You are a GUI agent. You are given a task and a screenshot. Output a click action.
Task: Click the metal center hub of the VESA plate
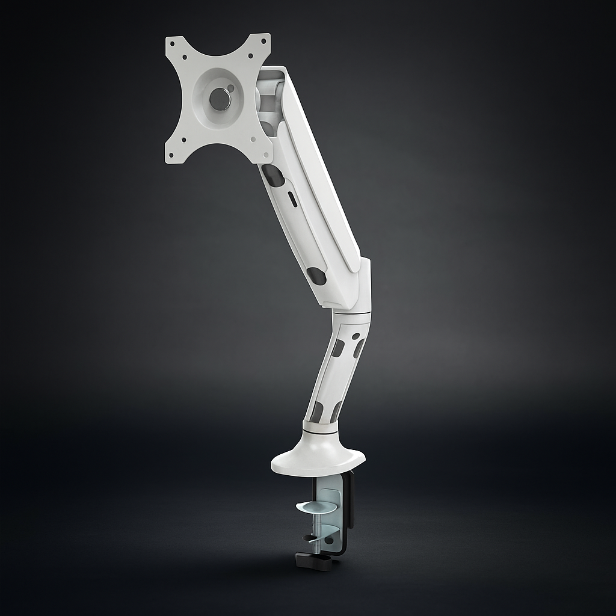(220, 99)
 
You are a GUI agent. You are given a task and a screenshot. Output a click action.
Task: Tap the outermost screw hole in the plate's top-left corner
(172, 43)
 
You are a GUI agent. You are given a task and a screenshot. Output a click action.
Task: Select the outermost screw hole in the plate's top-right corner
(263, 40)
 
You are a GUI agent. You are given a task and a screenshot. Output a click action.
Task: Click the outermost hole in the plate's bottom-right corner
(262, 154)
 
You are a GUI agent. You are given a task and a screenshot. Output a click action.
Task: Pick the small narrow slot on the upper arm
(292, 199)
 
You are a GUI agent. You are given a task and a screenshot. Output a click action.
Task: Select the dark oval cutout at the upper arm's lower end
(316, 276)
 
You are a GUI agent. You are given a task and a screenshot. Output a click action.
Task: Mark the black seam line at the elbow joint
(352, 313)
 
